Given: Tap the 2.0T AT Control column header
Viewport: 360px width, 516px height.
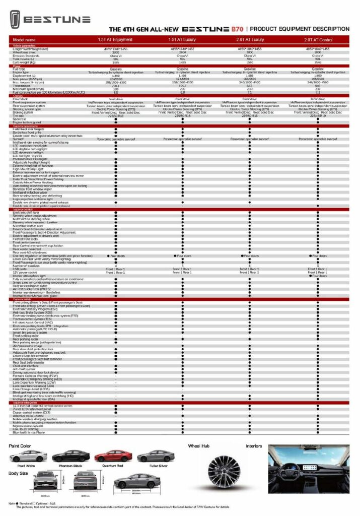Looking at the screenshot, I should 318,39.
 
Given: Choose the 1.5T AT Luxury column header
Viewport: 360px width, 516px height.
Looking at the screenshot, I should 182,39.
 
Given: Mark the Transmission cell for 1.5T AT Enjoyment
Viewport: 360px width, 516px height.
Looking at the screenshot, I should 115,86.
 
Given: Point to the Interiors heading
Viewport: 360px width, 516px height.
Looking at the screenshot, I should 253,446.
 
